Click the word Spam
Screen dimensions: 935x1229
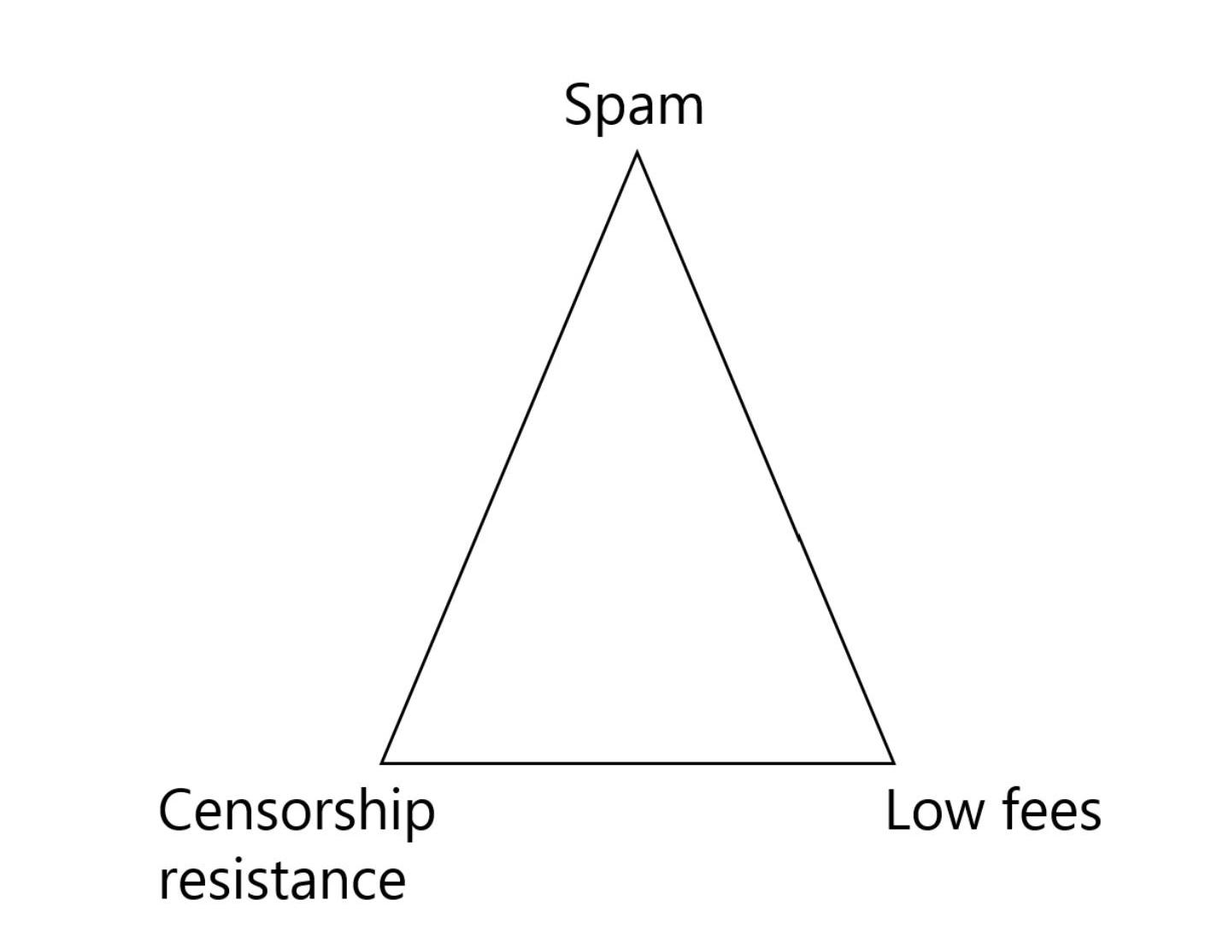pos(633,105)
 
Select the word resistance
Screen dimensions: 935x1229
pos(282,879)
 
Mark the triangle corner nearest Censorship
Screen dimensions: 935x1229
pos(383,762)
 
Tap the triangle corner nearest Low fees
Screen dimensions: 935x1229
pos(893,762)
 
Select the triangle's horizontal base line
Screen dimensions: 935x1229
pos(638,762)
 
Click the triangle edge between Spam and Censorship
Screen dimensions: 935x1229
pos(509,457)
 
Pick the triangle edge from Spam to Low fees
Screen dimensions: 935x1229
pos(765,457)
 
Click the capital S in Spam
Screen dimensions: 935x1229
pos(579,104)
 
